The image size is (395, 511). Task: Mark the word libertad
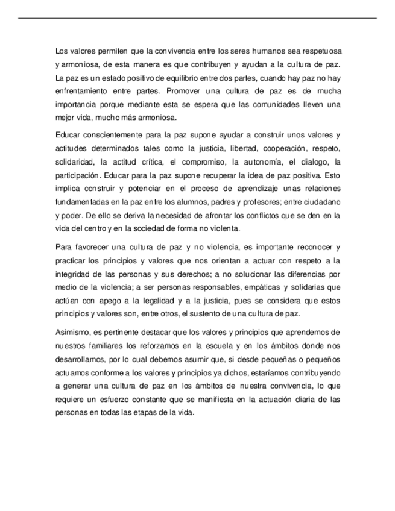click(x=229, y=148)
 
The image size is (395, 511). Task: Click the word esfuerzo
click(x=118, y=400)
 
